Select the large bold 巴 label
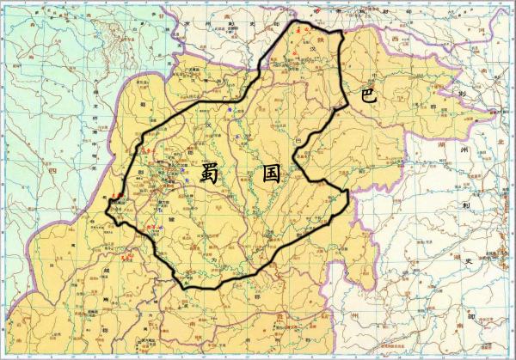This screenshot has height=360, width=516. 368,95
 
